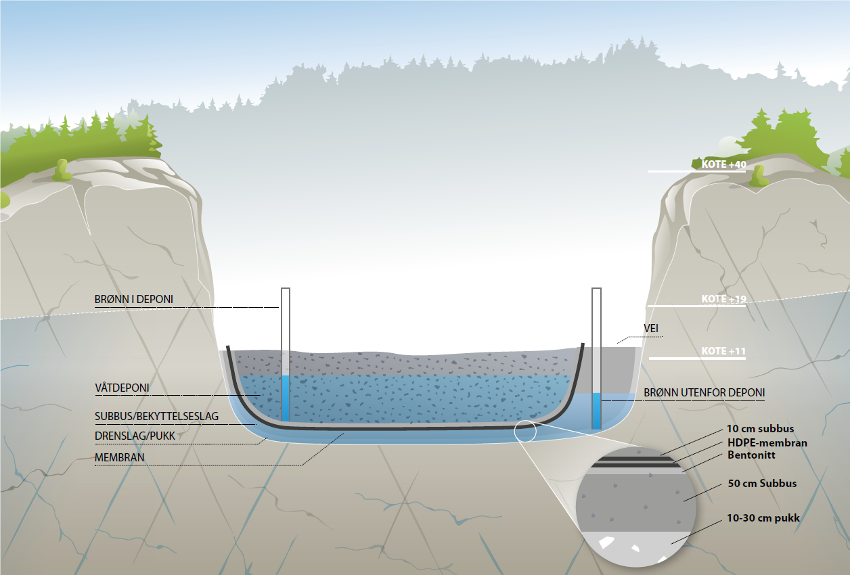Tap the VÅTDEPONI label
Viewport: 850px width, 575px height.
pyautogui.click(x=122, y=388)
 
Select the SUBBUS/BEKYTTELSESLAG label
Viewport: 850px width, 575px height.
pyautogui.click(x=156, y=417)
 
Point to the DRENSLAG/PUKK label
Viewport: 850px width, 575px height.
pyautogui.click(x=135, y=436)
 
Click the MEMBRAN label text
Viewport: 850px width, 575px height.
pyautogui.click(x=120, y=458)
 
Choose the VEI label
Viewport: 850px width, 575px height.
pyautogui.click(x=651, y=329)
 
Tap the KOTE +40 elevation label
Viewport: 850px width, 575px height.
pyautogui.click(x=723, y=164)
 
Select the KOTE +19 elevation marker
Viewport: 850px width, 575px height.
pyautogui.click(x=723, y=299)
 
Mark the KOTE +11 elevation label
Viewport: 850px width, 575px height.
pyautogui.click(x=723, y=351)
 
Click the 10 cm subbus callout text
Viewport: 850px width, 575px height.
pyautogui.click(x=760, y=429)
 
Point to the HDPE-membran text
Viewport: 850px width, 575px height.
pyautogui.click(x=767, y=443)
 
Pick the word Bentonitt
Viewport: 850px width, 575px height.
pyautogui.click(x=751, y=455)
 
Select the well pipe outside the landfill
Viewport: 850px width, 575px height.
pyautogui.click(x=596, y=338)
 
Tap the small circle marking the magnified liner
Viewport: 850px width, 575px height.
pyautogui.click(x=524, y=430)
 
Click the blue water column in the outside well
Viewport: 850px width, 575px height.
pyautogui.click(x=596, y=411)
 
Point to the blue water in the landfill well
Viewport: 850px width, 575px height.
pyautogui.click(x=286, y=399)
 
